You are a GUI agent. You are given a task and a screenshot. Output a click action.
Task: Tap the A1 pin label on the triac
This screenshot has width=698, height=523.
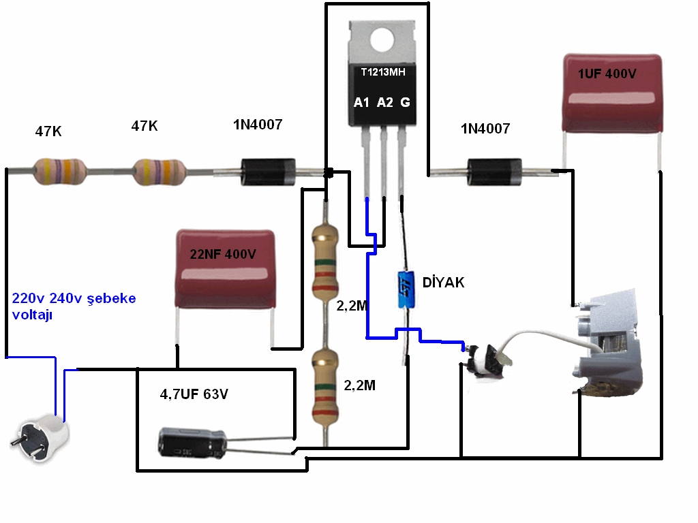[x=361, y=102]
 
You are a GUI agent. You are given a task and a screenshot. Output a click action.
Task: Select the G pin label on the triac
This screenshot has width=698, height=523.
[x=405, y=102]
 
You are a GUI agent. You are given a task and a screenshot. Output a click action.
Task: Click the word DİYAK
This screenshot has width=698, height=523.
[x=444, y=282]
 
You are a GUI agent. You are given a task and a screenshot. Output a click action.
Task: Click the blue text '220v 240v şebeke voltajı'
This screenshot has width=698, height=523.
[x=74, y=306]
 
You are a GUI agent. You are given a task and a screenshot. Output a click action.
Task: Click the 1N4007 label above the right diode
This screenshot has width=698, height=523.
[x=485, y=128]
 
